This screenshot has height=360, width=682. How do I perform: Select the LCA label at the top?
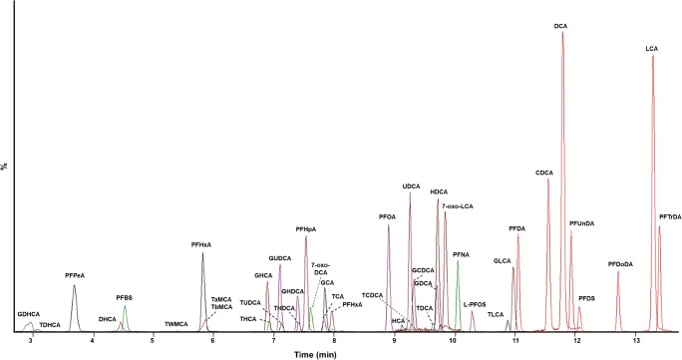pos(652,48)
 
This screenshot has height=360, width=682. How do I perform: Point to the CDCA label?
pos(544,173)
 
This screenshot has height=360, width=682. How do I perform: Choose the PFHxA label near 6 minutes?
pos(201,244)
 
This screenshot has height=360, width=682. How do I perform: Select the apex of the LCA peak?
pos(653,56)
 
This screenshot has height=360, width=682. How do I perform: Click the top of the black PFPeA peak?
pos(74,286)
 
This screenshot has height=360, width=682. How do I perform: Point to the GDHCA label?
pos(28,315)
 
